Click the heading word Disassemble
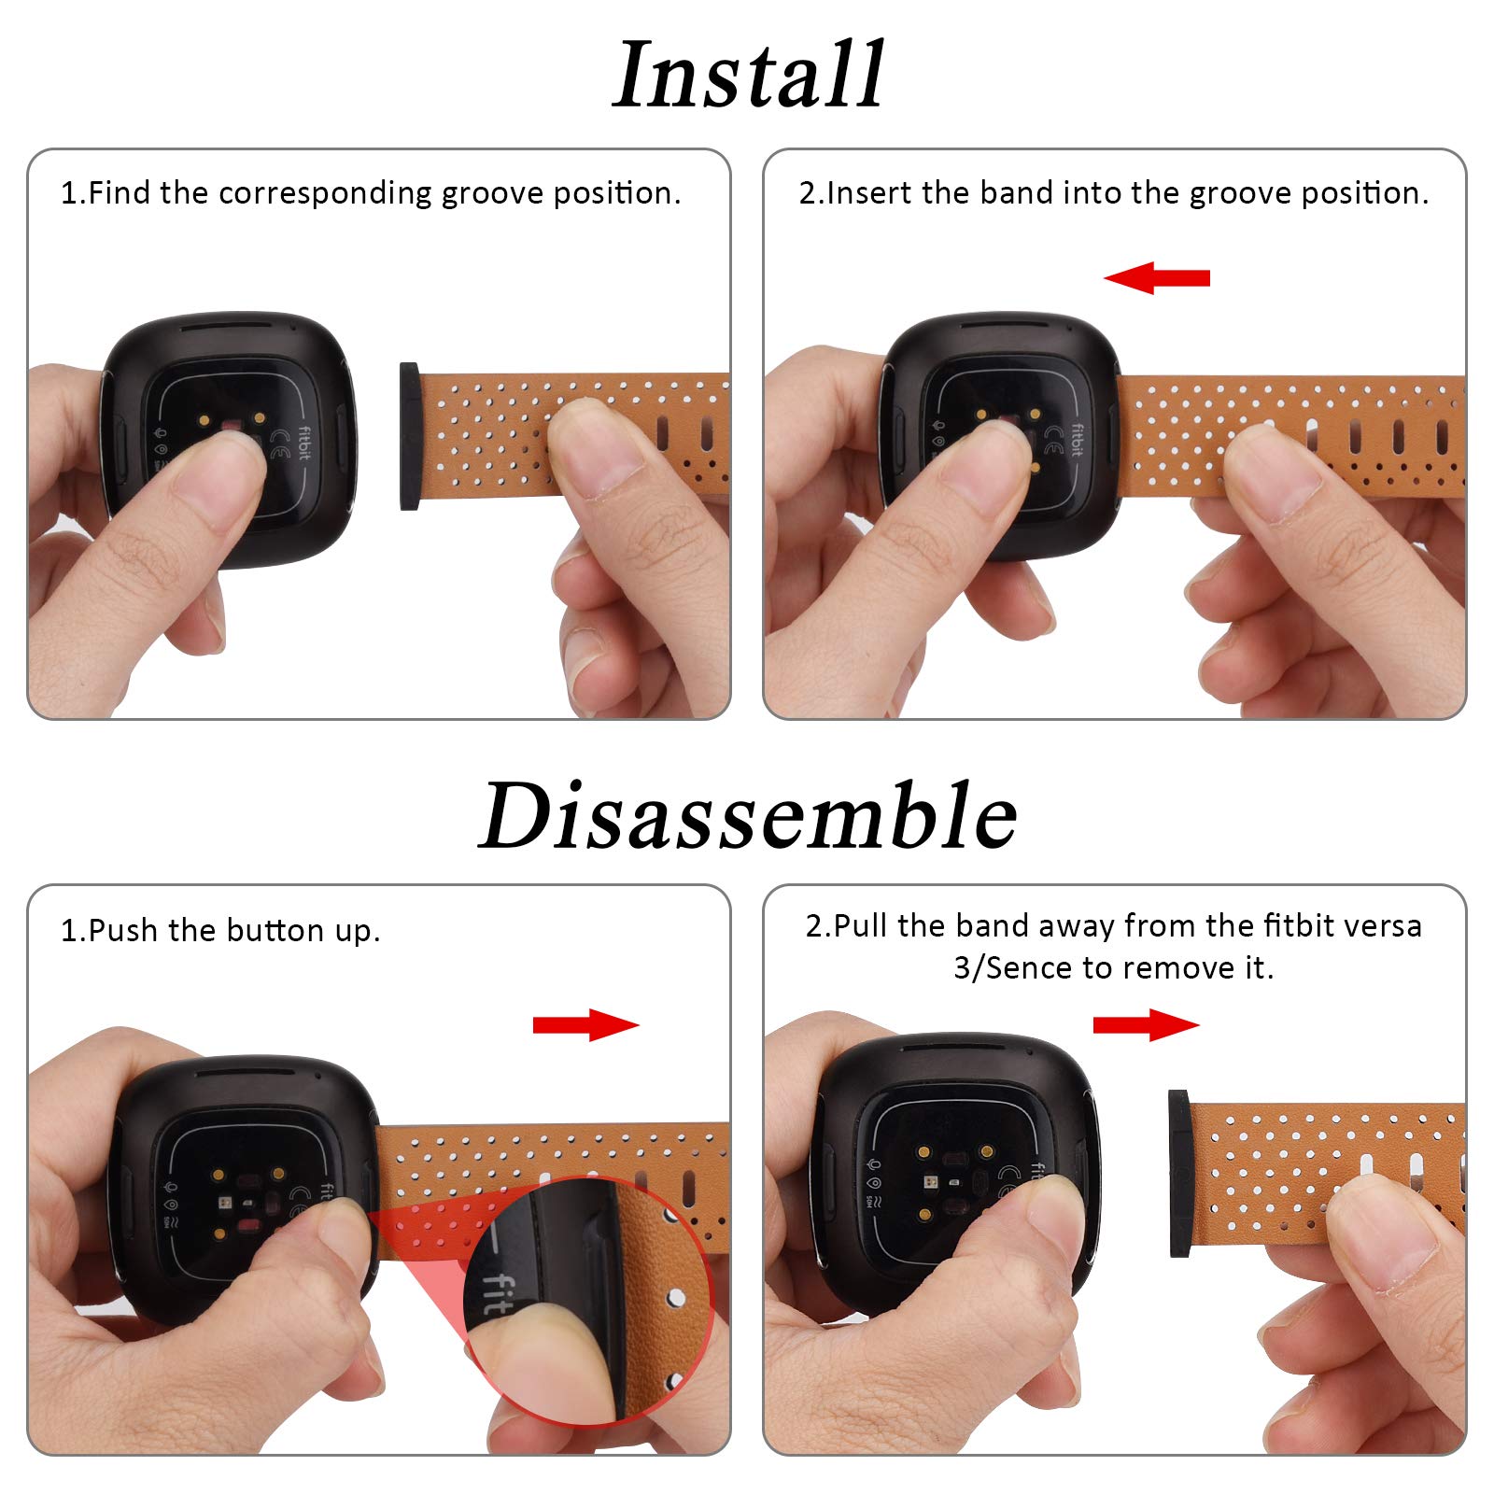click(x=748, y=815)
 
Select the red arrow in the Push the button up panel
click(x=586, y=1024)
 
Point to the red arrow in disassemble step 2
click(x=1146, y=1024)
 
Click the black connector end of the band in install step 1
click(x=409, y=436)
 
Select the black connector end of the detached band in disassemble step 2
click(x=1178, y=1174)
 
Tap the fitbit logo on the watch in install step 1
click(x=304, y=443)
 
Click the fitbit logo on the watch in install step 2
click(x=1078, y=441)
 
